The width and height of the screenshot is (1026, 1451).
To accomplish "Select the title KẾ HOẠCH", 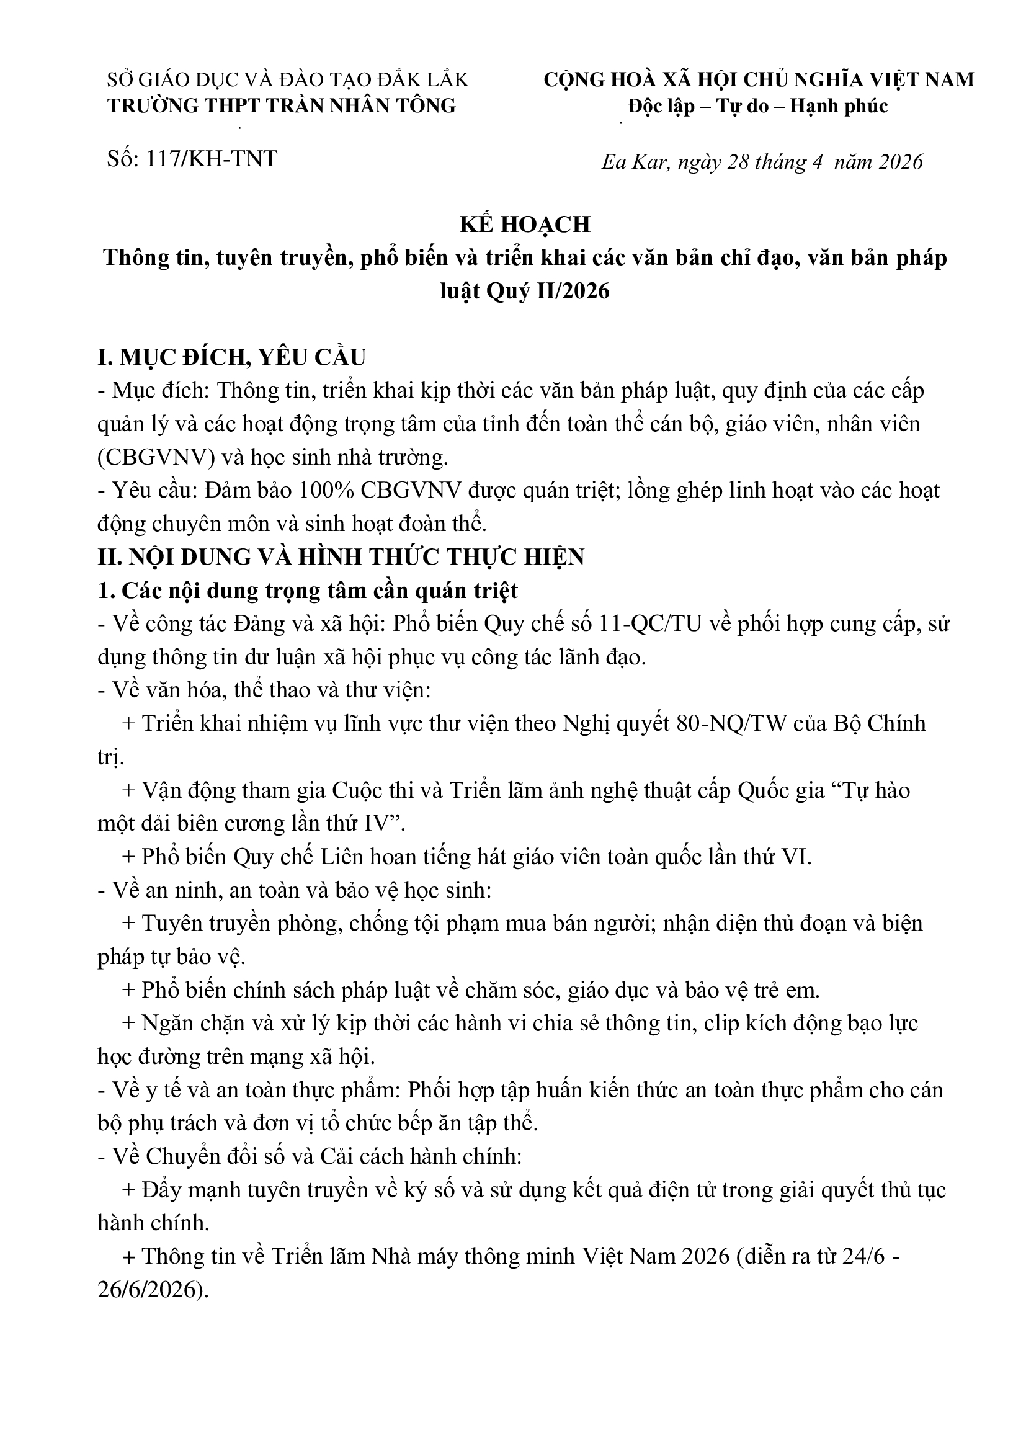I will [x=525, y=225].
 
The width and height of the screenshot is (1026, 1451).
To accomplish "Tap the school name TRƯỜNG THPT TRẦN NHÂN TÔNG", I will [x=282, y=105].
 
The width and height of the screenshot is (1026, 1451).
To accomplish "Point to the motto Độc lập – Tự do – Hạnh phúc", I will [x=758, y=105].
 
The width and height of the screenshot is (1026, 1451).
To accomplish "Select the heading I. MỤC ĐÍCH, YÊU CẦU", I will [x=232, y=358].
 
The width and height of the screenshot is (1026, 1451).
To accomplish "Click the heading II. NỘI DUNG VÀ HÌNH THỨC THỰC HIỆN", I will [x=341, y=556].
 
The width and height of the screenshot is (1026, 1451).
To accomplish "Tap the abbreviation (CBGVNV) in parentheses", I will [x=157, y=457].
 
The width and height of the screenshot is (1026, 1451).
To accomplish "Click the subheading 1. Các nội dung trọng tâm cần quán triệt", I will [x=308, y=590].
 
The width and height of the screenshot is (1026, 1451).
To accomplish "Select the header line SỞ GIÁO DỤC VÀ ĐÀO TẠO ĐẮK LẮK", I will [x=288, y=79].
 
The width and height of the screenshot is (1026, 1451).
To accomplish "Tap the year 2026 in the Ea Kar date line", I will [x=899, y=163].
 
